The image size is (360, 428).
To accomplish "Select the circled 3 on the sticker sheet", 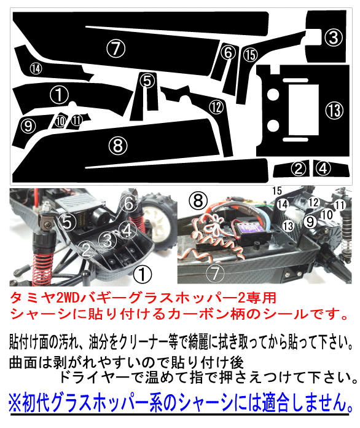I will pyautogui.click(x=333, y=38).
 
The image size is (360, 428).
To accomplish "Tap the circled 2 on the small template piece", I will pyautogui.click(x=299, y=167).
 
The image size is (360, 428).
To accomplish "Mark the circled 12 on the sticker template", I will pyautogui.click(x=215, y=106).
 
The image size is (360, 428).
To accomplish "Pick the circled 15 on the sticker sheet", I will pyautogui.click(x=249, y=55).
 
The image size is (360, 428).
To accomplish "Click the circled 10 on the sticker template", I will pyautogui.click(x=60, y=121).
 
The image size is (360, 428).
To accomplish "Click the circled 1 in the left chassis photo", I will pyautogui.click(x=142, y=271).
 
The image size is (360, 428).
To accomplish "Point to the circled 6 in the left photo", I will pyautogui.click(x=128, y=201).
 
